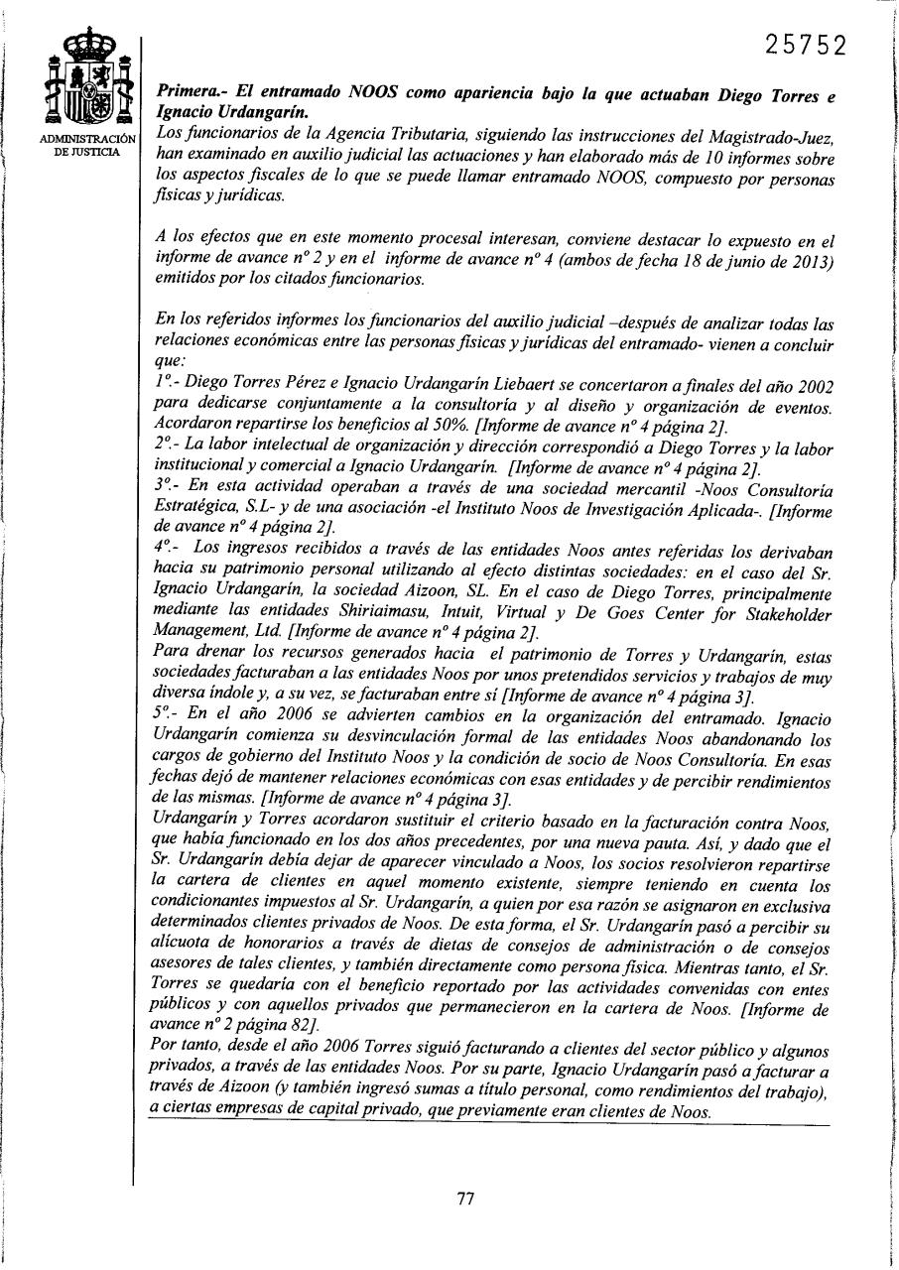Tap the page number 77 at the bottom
point(465,1198)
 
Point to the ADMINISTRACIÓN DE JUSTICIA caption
point(88,145)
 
